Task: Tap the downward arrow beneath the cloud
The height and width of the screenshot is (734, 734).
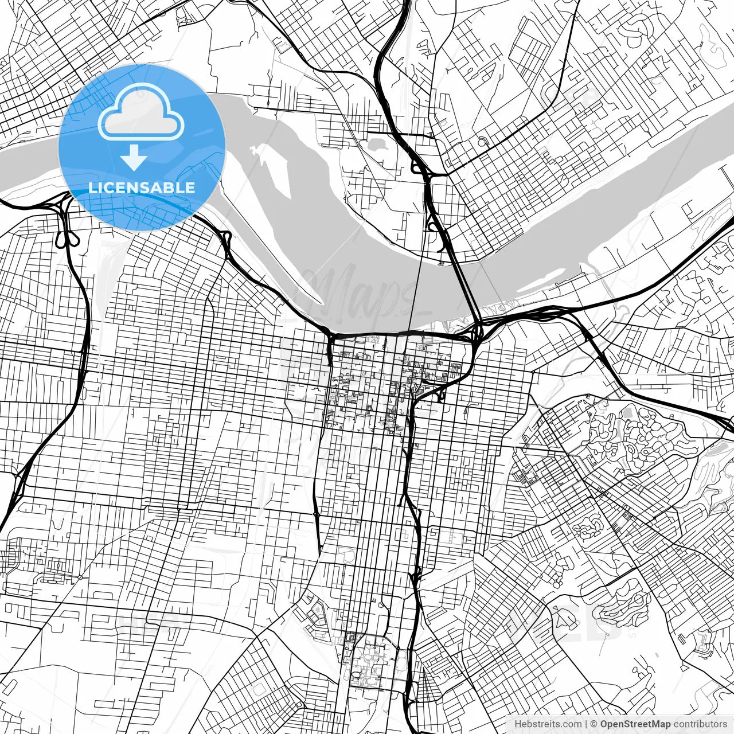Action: pyautogui.click(x=134, y=158)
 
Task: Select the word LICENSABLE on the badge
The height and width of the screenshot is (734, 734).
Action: pyautogui.click(x=142, y=188)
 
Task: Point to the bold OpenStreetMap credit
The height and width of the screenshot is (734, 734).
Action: pyautogui.click(x=635, y=724)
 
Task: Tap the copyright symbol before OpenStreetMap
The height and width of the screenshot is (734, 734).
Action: pyautogui.click(x=594, y=724)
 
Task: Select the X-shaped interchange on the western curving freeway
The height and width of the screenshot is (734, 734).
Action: pyautogui.click(x=17, y=485)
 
